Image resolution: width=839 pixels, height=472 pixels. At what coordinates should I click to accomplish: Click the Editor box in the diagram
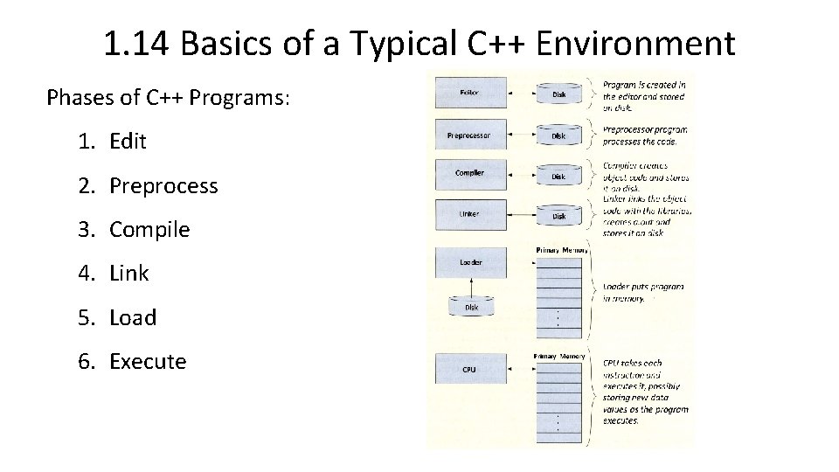[470, 92]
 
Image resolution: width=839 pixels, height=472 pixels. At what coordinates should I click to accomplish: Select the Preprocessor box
[470, 135]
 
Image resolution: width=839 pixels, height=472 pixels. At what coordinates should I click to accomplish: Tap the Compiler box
[470, 174]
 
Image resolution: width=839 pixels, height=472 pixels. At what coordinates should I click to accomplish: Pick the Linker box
[470, 214]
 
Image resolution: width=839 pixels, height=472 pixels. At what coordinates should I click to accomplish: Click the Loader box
[470, 262]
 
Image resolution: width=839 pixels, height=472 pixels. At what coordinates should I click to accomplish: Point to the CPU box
[470, 369]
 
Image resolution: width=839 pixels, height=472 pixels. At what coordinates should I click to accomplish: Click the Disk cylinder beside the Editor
[558, 93]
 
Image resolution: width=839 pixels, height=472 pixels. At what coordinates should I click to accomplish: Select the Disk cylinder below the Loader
[471, 307]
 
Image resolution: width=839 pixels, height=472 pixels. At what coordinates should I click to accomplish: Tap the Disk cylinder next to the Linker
[558, 215]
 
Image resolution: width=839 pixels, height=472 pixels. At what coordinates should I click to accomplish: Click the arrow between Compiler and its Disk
[520, 175]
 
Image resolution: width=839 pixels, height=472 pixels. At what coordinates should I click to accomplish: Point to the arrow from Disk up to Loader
[471, 287]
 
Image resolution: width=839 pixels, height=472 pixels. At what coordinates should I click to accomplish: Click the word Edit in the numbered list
[128, 142]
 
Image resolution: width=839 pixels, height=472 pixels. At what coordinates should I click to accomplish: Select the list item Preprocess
[163, 186]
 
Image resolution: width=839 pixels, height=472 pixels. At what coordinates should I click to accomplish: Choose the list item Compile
[149, 230]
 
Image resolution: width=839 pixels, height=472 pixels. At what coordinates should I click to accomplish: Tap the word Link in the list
[129, 274]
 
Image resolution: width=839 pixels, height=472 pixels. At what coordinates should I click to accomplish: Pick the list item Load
[133, 318]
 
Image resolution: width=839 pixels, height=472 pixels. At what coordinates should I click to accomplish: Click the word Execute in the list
[148, 362]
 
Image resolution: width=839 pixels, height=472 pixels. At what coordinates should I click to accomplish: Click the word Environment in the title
[635, 44]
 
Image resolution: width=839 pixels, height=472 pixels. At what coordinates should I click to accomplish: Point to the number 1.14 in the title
[138, 44]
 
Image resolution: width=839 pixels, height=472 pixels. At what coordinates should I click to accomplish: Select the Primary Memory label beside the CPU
[559, 357]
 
